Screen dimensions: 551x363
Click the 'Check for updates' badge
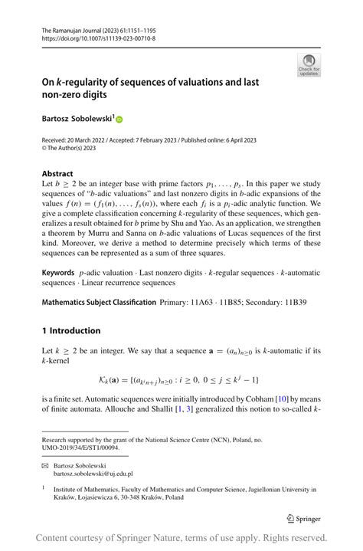pos(309,64)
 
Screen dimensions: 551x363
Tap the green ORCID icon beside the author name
pos(119,120)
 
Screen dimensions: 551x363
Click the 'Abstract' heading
pos(58,174)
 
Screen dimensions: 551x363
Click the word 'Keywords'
pos(58,273)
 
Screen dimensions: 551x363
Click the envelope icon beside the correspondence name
pos(45,465)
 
